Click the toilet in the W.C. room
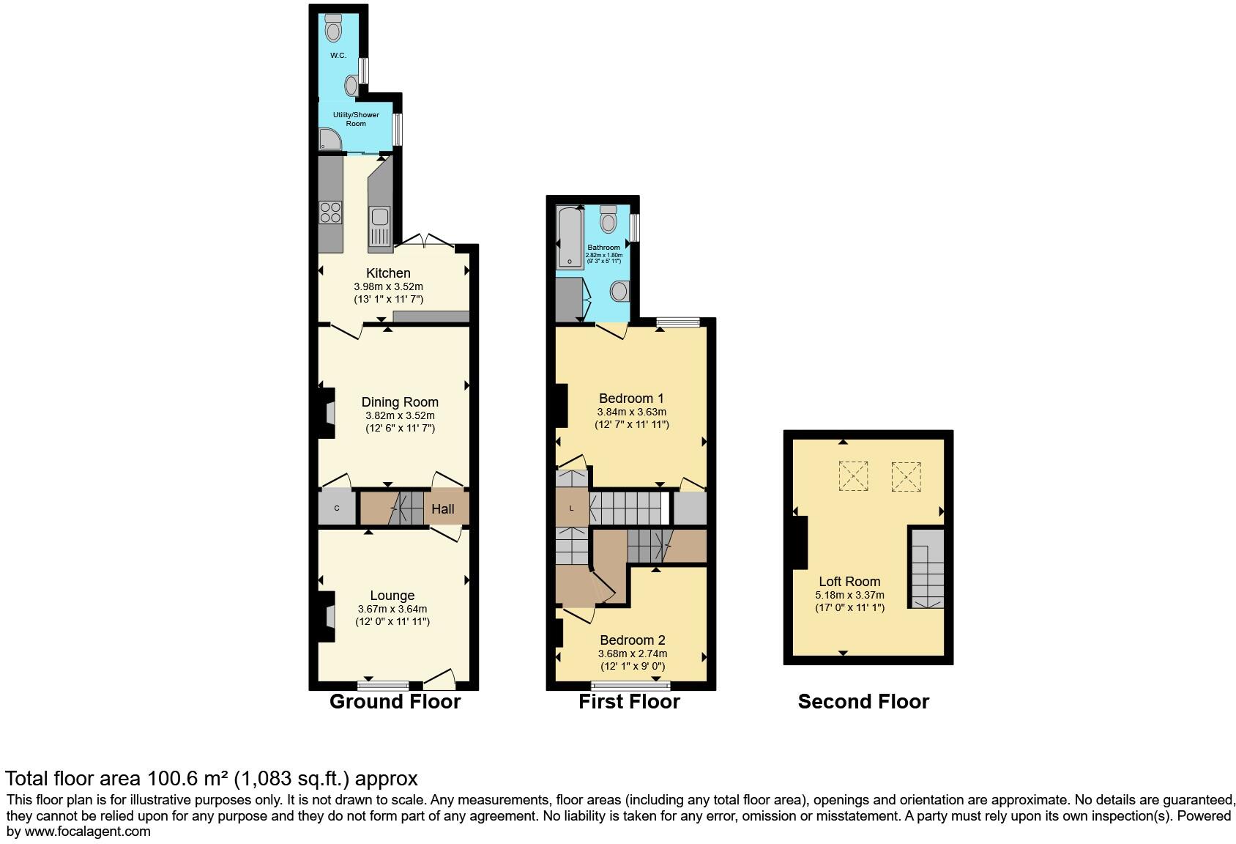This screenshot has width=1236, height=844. click(x=333, y=28)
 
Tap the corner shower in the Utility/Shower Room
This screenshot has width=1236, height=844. click(x=330, y=139)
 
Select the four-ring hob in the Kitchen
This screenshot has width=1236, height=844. click(x=330, y=212)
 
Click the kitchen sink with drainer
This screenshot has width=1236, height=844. click(x=380, y=227)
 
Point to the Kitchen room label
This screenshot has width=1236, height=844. click(x=389, y=273)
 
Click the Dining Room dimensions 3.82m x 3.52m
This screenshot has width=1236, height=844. click(x=400, y=415)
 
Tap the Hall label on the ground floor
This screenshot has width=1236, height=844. click(x=442, y=509)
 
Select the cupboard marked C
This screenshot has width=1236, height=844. click(x=337, y=508)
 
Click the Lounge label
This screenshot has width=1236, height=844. click(x=392, y=596)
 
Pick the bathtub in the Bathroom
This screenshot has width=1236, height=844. click(x=570, y=237)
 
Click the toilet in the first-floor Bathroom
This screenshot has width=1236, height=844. click(x=608, y=219)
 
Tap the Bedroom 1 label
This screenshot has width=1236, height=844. click(x=631, y=399)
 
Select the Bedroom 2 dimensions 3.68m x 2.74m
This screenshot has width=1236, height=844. click(x=633, y=654)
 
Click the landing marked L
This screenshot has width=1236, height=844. click(x=572, y=508)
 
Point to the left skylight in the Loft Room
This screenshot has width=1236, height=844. click(x=853, y=475)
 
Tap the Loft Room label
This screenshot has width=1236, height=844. click(x=849, y=581)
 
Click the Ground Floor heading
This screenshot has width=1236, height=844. click(x=395, y=702)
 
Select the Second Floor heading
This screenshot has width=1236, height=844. click(x=863, y=702)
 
